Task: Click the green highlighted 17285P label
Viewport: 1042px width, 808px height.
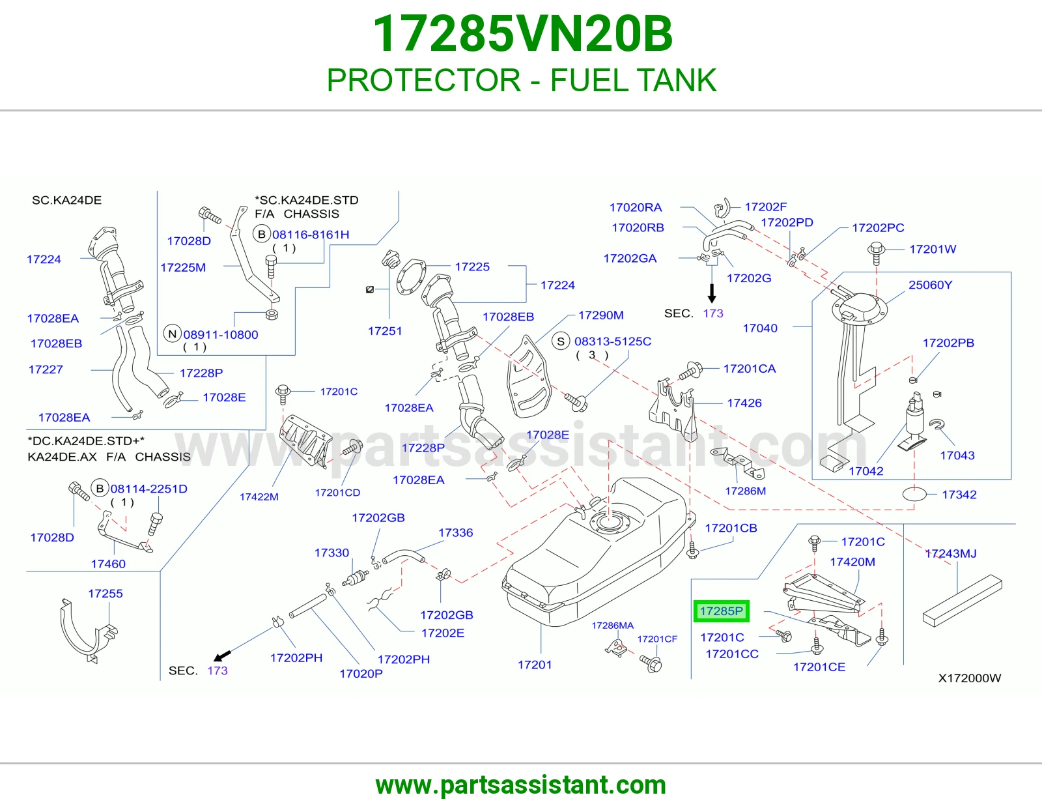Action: coord(721,611)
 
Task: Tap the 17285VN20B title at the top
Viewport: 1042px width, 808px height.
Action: coord(522,34)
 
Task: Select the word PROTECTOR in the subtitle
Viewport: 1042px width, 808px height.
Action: coord(423,80)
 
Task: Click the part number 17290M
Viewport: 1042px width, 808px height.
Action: coord(601,315)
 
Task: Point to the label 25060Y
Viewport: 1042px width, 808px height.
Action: coord(930,285)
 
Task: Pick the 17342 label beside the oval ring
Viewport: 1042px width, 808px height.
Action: coord(959,495)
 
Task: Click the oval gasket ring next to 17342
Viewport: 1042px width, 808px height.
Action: coord(914,494)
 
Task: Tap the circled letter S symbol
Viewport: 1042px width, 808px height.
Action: coord(561,341)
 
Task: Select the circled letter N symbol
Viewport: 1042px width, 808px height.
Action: coord(173,334)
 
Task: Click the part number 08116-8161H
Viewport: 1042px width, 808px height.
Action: coord(311,235)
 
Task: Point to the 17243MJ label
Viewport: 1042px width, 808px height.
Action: coord(950,554)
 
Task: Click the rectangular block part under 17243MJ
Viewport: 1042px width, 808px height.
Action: coord(963,603)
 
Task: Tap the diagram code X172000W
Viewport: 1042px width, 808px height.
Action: coord(970,678)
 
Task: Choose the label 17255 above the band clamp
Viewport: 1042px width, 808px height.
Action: coord(106,594)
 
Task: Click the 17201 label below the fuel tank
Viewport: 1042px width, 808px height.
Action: coord(535,665)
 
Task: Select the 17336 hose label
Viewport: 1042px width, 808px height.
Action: coord(455,532)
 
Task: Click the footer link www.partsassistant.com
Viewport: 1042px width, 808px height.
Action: coord(521,785)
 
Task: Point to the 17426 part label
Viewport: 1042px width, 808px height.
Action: coord(744,403)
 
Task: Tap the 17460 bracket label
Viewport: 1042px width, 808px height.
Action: coord(108,564)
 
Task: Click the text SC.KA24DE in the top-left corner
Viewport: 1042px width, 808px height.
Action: coord(66,200)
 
